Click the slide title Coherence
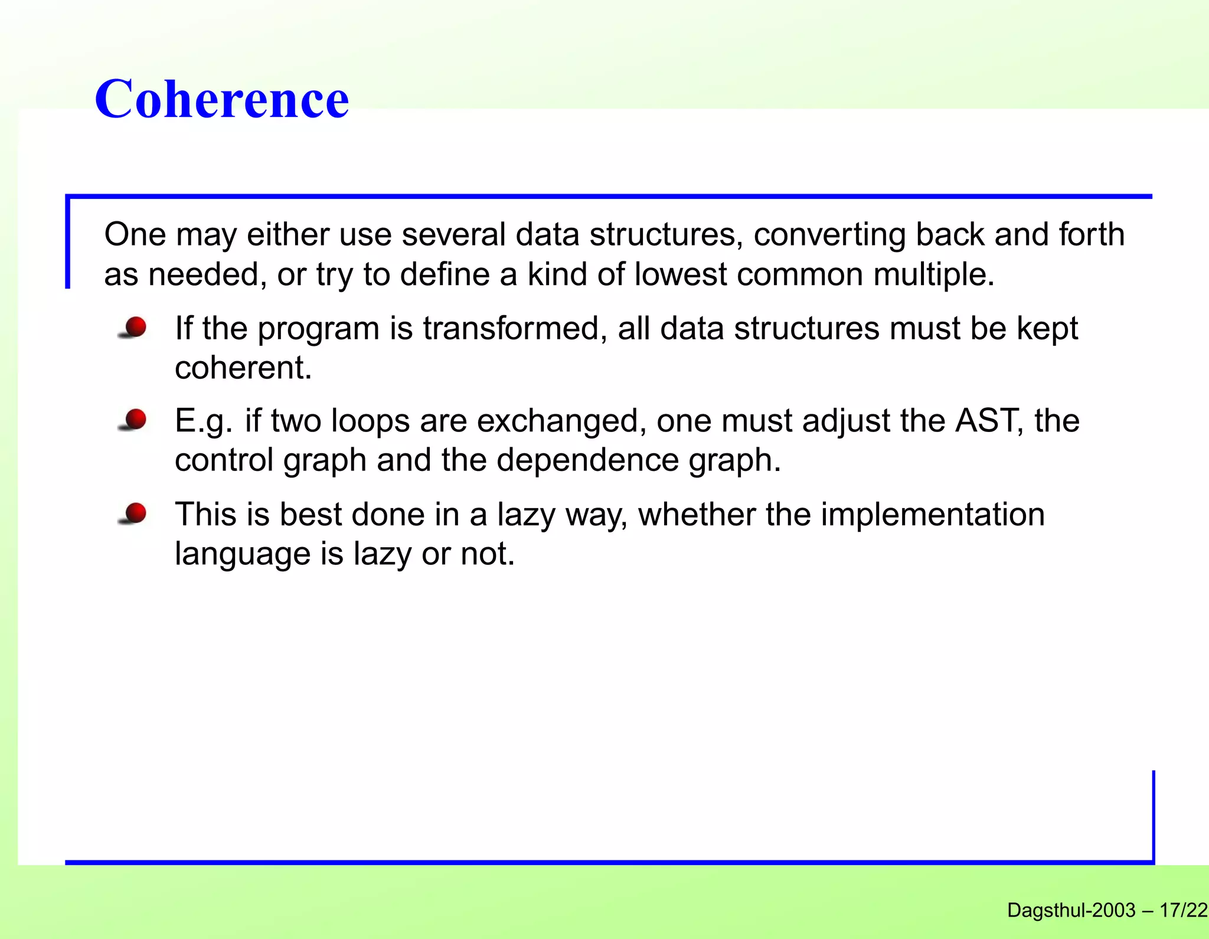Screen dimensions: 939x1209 [221, 99]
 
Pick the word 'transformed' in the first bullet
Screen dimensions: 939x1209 [515, 328]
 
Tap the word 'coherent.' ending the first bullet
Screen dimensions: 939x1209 [243, 368]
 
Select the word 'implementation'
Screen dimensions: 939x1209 [932, 515]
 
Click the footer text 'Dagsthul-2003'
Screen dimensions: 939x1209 [1071, 911]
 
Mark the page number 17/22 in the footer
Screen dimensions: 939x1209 [1183, 911]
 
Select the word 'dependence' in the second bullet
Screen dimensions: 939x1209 [587, 460]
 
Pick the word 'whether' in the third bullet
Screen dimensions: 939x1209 [697, 515]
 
